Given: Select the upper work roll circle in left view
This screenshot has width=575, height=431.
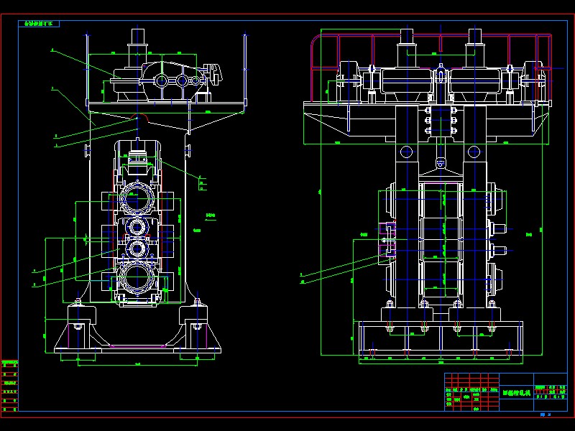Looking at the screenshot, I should (137, 228).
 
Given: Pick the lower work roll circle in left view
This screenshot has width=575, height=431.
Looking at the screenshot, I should (137, 249).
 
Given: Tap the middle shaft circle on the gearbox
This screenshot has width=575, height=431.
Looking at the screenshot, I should (181, 80).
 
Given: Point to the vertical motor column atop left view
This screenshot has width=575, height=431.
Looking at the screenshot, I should (137, 43).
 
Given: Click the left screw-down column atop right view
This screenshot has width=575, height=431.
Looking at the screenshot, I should (407, 43).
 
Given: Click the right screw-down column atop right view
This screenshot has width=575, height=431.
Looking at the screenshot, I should (474, 43).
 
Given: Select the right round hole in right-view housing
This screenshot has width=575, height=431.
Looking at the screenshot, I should (474, 152).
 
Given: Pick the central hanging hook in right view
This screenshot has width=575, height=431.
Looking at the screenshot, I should (440, 165).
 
